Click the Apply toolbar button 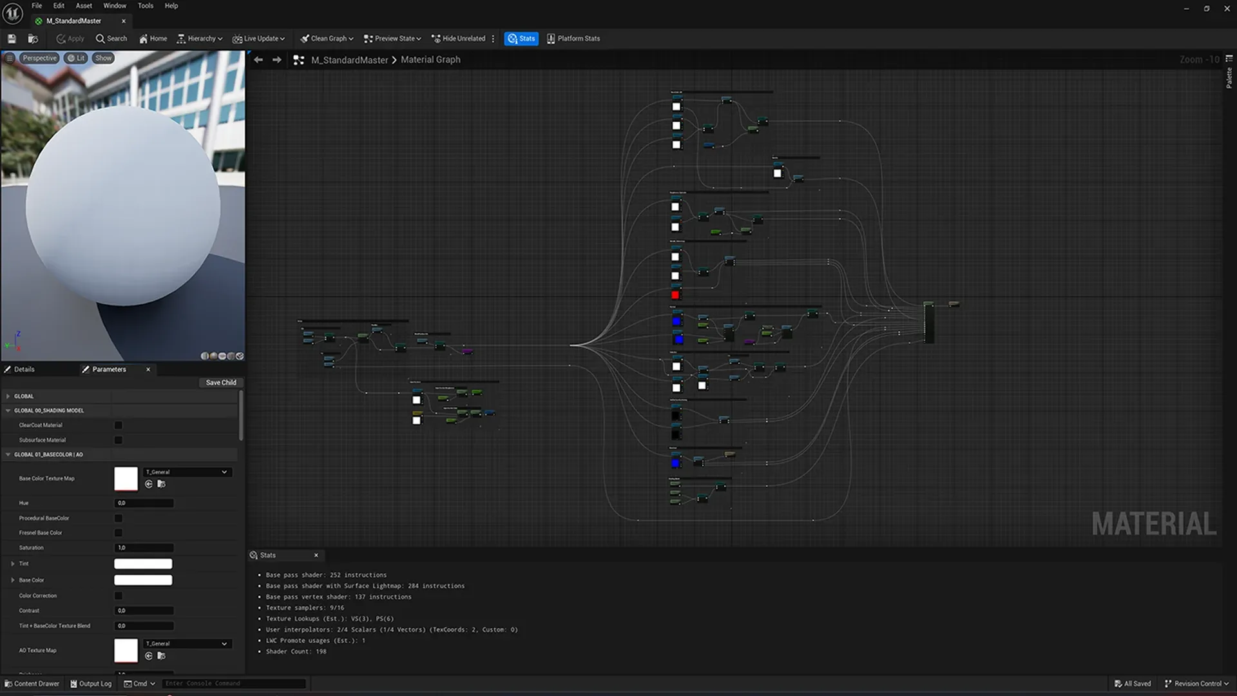70,39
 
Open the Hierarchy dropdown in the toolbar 200,39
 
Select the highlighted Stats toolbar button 521,39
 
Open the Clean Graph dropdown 327,39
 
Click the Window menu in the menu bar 115,6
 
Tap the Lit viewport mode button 77,58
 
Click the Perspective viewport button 39,58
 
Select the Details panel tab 24,369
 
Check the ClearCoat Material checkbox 119,425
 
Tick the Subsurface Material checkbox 119,440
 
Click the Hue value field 144,503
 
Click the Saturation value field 144,548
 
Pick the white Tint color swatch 143,564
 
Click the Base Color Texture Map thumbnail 126,479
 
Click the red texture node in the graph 675,295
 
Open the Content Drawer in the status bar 32,684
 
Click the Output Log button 91,684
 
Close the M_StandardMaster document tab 124,21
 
